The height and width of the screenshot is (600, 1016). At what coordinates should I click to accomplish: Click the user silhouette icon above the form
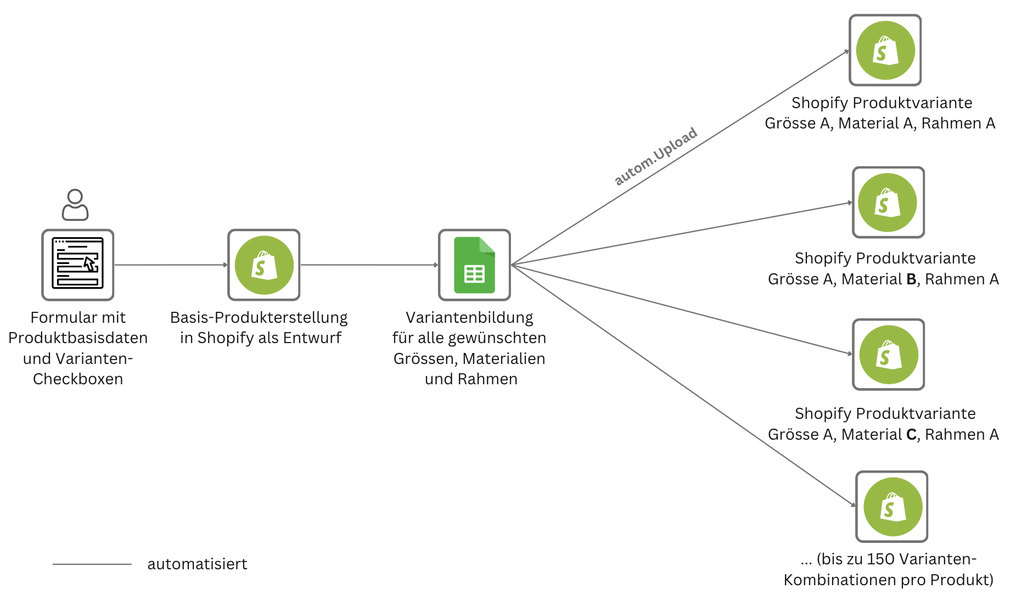coord(75,205)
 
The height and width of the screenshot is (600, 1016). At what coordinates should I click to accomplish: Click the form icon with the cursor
coord(77,265)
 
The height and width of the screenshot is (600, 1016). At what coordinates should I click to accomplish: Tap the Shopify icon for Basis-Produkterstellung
coord(264,265)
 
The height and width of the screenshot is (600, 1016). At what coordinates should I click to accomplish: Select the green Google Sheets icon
coord(474,265)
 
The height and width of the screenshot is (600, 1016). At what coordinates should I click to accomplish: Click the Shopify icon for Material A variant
coord(885,50)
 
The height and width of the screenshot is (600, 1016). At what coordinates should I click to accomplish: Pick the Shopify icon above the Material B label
coord(888,202)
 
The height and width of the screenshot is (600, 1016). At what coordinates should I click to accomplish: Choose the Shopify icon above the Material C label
coord(888,354)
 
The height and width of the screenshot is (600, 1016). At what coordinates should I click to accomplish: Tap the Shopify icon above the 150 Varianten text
coord(891,506)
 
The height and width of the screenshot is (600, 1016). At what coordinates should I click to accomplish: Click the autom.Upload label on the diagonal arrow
coord(655,156)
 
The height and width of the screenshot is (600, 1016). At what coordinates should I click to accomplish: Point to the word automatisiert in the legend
coord(197,564)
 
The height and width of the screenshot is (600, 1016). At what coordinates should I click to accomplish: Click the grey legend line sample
coord(92,564)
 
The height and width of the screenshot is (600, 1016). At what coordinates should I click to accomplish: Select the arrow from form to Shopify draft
coord(171,265)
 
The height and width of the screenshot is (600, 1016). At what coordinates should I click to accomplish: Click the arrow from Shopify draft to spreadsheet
coord(369,265)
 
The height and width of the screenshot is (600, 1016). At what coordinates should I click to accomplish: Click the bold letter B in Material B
coord(911,279)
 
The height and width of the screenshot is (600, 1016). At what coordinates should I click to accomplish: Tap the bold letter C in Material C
coord(911,435)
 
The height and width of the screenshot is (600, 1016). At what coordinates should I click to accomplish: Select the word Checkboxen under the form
coord(78,379)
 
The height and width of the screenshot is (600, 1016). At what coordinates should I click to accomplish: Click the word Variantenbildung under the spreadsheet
coord(469,317)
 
